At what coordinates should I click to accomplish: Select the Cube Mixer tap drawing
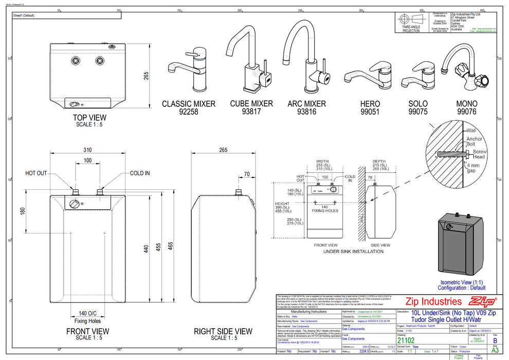[251, 57]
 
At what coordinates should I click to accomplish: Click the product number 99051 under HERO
[370, 111]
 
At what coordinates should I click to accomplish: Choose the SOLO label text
[417, 103]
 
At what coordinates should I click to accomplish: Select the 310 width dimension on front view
[87, 150]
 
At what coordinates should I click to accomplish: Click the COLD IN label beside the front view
[140, 173]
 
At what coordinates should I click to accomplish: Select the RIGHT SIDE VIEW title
[223, 332]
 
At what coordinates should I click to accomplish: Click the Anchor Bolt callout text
[474, 142]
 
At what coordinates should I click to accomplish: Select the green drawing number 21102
[406, 340]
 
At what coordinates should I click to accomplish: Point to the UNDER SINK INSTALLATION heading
[353, 251]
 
